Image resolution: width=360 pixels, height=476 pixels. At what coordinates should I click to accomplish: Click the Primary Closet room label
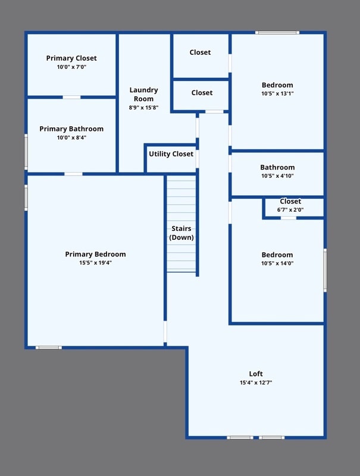click(x=71, y=58)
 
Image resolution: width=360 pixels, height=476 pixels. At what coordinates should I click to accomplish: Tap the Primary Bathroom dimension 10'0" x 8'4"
click(x=71, y=137)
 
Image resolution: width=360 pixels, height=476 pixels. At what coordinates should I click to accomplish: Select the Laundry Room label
click(x=143, y=95)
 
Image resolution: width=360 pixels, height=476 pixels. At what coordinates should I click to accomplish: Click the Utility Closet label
click(x=171, y=154)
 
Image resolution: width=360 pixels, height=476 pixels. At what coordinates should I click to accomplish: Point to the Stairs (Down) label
click(x=181, y=233)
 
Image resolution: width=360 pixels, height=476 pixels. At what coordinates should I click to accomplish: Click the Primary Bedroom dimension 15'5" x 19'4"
click(x=95, y=262)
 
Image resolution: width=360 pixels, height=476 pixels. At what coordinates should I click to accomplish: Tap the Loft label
click(x=256, y=374)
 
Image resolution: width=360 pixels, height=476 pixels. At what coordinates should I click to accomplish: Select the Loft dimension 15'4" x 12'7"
click(x=256, y=383)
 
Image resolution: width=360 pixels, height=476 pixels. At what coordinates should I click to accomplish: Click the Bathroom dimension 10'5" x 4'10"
click(x=277, y=176)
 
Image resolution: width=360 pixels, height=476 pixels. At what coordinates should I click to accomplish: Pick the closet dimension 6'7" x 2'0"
click(x=290, y=209)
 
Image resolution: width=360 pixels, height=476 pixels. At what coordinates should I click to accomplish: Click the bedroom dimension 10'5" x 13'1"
click(x=277, y=93)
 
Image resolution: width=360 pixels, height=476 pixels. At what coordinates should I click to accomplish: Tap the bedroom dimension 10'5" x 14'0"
click(x=277, y=263)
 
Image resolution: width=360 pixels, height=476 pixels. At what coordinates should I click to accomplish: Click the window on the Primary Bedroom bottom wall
click(x=48, y=347)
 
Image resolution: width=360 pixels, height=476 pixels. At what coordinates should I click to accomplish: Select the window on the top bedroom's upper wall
click(x=277, y=32)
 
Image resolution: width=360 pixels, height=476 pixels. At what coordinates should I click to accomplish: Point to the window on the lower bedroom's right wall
click(x=325, y=270)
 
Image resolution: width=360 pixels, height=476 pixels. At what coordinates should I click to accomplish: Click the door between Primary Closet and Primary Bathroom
click(x=71, y=97)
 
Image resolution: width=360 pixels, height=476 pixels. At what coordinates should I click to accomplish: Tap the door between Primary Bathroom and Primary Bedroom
click(x=73, y=174)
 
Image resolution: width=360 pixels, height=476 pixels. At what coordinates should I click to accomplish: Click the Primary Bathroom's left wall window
click(x=26, y=152)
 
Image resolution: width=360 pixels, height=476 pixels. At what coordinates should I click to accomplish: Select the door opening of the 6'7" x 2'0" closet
click(x=289, y=218)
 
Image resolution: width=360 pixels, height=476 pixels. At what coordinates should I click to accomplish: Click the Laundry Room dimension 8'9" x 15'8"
click(x=143, y=108)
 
